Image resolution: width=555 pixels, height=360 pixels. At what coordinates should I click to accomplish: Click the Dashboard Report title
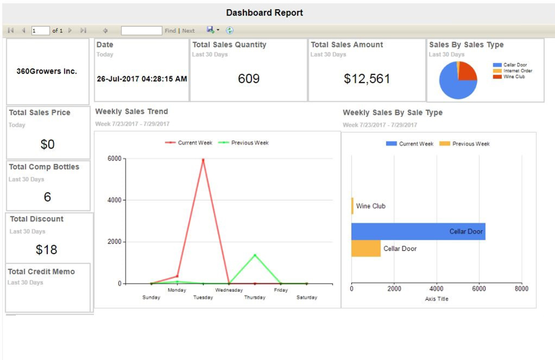click(x=264, y=13)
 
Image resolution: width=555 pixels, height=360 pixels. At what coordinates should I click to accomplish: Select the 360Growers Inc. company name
click(x=46, y=72)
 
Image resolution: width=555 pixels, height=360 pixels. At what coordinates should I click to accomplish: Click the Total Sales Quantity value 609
click(x=249, y=79)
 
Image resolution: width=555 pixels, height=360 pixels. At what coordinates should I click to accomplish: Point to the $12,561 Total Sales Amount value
click(x=367, y=79)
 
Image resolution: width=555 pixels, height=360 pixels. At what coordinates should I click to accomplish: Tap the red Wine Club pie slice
click(x=467, y=72)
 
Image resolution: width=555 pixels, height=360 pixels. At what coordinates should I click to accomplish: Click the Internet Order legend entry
click(x=517, y=70)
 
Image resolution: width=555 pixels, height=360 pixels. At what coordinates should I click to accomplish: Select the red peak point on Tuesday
click(x=203, y=160)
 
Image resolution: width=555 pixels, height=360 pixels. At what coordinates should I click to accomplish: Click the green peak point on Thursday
click(x=255, y=255)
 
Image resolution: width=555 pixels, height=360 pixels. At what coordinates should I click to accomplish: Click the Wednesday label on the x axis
click(x=229, y=290)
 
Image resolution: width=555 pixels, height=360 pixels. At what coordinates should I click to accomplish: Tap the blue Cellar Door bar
click(x=417, y=232)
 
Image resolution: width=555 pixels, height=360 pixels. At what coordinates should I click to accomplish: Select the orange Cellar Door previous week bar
click(x=365, y=248)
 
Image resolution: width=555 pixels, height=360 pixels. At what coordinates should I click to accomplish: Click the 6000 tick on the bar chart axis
click(x=479, y=289)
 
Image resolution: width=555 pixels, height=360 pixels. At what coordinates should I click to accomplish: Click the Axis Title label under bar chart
click(x=436, y=299)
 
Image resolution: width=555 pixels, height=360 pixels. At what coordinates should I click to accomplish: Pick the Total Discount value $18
click(x=47, y=250)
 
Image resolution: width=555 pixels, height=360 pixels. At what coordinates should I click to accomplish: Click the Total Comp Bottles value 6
click(x=47, y=197)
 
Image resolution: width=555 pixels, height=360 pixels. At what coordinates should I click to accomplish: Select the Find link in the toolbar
click(x=170, y=31)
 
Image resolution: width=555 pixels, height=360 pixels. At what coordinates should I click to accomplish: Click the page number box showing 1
click(x=40, y=31)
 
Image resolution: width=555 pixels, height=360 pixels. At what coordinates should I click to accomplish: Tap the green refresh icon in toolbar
click(x=230, y=31)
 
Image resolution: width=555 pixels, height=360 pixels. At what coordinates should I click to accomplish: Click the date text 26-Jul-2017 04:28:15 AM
click(x=142, y=79)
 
